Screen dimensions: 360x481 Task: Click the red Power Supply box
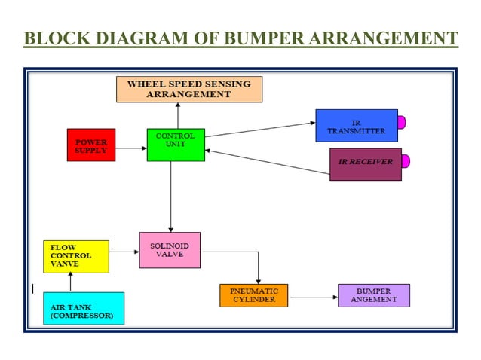coord(91,145)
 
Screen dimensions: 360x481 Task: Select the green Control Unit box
coord(176,145)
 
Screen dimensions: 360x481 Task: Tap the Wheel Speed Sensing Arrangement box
coord(189,89)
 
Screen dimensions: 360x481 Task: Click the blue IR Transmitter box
coord(356,126)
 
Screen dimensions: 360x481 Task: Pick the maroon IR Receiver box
coord(366,163)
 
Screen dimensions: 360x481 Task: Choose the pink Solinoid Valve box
coord(170,250)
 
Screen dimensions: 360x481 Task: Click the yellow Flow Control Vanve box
coord(76,256)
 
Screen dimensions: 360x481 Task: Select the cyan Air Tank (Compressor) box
coord(84,308)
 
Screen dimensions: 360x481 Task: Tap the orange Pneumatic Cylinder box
coord(254,295)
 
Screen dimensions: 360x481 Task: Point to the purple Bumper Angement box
coord(373,295)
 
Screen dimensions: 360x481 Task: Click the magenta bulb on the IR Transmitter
coord(402,122)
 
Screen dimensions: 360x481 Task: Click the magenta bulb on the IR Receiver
coord(406,160)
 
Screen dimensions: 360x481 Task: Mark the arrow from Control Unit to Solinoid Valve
coord(171,196)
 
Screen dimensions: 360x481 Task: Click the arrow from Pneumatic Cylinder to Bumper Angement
coord(313,297)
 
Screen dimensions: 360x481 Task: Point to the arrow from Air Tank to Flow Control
coord(71,282)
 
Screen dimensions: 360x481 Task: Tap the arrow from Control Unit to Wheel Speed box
coord(178,115)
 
